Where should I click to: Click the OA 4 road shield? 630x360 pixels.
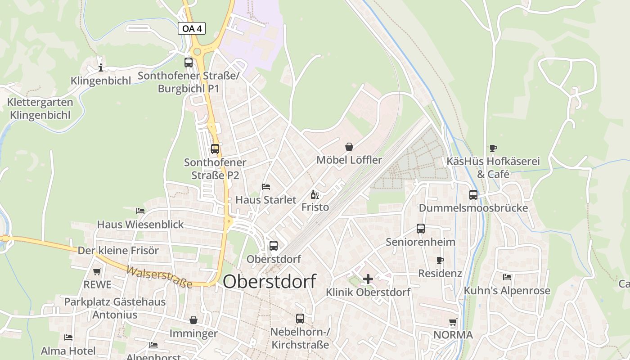point(192,28)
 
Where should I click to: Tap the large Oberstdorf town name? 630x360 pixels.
point(269,281)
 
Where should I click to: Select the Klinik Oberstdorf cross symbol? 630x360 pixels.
point(368,279)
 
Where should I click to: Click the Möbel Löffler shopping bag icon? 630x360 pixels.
point(349,147)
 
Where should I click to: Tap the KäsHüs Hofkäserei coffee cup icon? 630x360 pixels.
point(493,148)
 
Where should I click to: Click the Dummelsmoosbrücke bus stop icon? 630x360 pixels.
point(473,195)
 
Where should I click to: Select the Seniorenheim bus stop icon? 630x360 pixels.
point(421,229)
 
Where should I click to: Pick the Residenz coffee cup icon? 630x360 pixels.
point(440,260)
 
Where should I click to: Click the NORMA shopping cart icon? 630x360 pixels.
point(453,322)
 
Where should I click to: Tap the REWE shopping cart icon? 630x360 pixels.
point(97,271)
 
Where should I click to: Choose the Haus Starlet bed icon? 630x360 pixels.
point(266,186)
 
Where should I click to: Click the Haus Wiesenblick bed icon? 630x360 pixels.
point(140,211)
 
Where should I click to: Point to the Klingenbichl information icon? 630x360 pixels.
point(101,68)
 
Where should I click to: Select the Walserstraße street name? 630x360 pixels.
point(159,277)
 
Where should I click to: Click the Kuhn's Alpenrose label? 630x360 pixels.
point(507,291)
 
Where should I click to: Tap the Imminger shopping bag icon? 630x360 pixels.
point(193,320)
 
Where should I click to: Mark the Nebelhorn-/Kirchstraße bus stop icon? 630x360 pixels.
point(300,319)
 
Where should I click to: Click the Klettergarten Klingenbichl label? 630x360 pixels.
point(40,108)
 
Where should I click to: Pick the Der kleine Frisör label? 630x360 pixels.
point(118,251)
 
